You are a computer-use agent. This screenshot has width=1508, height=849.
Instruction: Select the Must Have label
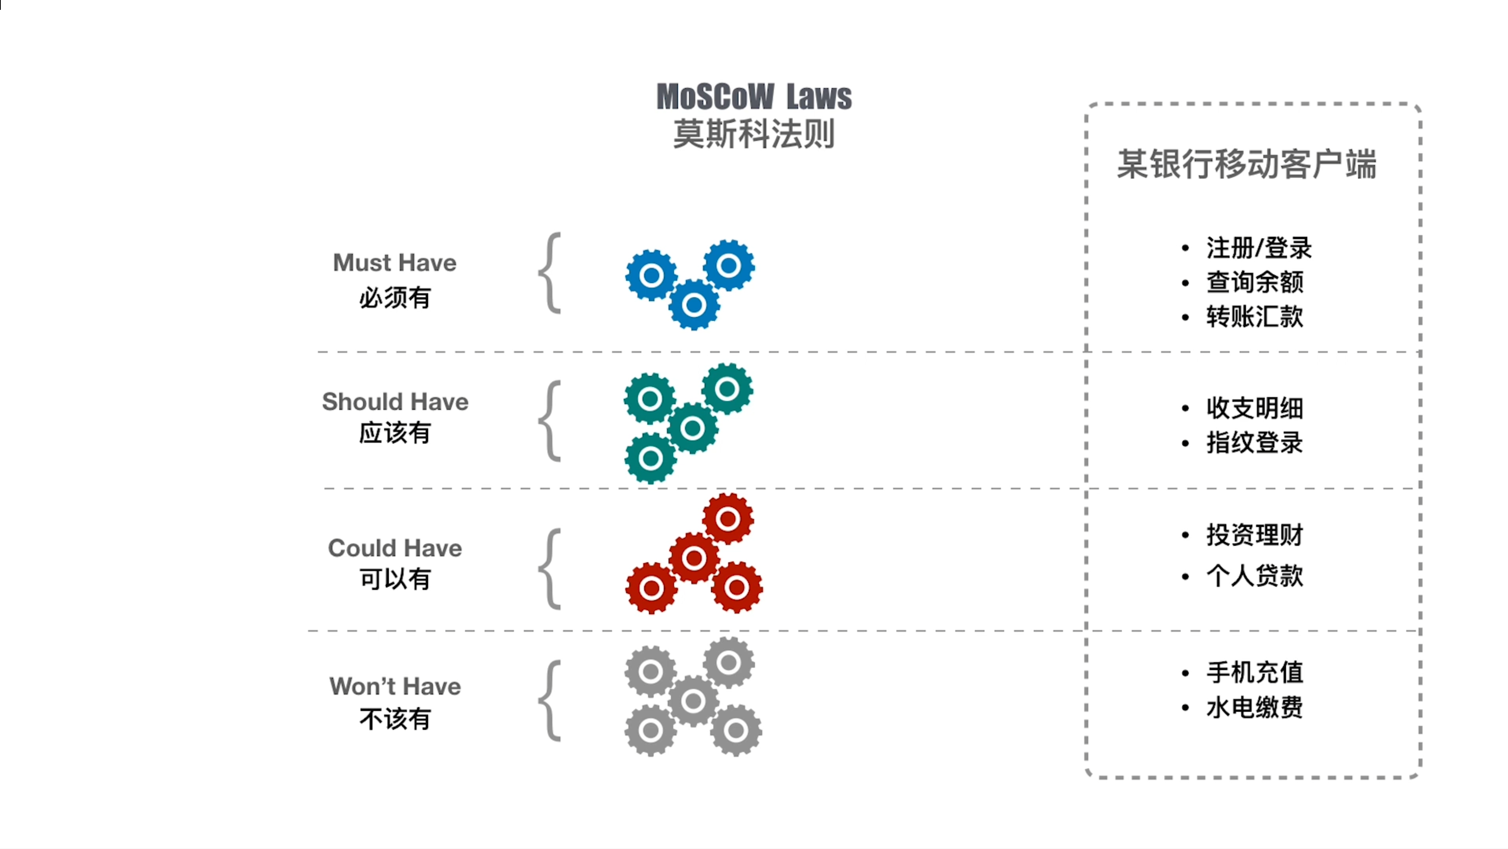pyautogui.click(x=394, y=263)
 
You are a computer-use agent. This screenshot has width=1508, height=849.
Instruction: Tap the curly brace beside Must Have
pyautogui.click(x=550, y=273)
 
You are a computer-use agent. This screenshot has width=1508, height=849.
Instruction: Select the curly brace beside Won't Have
pyautogui.click(x=550, y=701)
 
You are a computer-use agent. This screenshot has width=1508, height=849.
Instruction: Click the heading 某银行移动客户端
pyautogui.click(x=1247, y=164)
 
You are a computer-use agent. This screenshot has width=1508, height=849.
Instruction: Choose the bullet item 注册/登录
pyautogui.click(x=1259, y=248)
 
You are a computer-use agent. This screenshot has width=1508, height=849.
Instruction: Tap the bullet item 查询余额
pyautogui.click(x=1255, y=282)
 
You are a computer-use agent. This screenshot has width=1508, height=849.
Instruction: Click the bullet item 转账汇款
pyautogui.click(x=1255, y=317)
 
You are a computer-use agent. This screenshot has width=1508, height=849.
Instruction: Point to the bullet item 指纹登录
pyautogui.click(x=1255, y=443)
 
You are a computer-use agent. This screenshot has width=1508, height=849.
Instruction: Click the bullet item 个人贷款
pyautogui.click(x=1255, y=576)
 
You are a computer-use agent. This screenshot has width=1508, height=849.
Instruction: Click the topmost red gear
pyautogui.click(x=727, y=519)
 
